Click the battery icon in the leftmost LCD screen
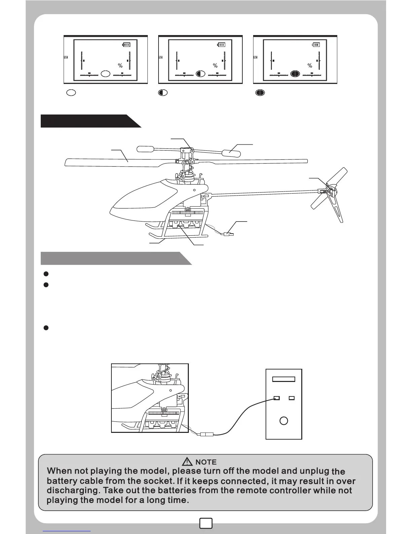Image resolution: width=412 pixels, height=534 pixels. click(x=126, y=44)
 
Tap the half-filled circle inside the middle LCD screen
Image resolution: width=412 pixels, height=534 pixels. click(x=200, y=73)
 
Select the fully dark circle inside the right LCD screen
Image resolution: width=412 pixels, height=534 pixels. click(x=295, y=73)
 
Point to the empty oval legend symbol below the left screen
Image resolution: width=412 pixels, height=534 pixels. click(x=71, y=92)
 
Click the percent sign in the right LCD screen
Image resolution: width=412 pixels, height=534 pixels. click(x=310, y=66)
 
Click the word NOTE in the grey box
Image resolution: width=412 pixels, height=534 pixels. click(x=206, y=462)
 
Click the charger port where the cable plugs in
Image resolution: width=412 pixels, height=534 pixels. click(x=277, y=398)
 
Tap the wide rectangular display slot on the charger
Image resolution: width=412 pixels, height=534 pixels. click(x=284, y=379)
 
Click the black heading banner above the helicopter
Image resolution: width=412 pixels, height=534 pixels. click(x=88, y=121)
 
